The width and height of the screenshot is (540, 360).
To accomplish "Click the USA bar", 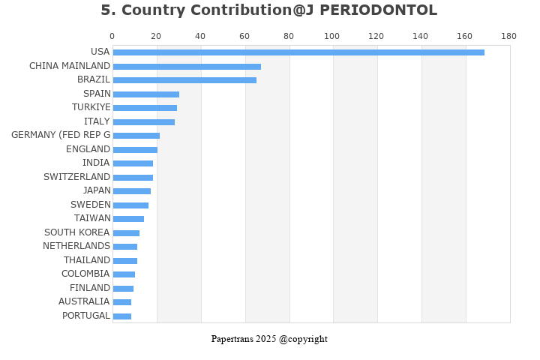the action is point(298,52).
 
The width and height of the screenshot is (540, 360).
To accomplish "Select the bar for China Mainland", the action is point(187,67).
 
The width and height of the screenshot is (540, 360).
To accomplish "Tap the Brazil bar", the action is point(184,80).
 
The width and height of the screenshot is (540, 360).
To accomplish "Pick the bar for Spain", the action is point(146,94).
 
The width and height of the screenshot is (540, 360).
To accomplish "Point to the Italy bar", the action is point(144,122).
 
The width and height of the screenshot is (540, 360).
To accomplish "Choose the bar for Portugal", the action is point(122,316).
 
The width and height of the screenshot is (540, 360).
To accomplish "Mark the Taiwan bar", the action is point(128,219).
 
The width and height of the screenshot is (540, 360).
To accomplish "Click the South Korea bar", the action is point(127,233).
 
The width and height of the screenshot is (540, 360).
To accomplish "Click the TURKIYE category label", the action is point(91,107).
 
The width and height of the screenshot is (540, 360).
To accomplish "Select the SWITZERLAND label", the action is point(76,177).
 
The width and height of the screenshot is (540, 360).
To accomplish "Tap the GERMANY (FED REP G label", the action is point(61,135).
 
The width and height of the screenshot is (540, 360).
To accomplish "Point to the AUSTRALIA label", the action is point(84,301).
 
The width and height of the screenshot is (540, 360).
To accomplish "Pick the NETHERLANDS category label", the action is point(76,246).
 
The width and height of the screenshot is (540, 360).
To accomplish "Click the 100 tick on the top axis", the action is point(332,36).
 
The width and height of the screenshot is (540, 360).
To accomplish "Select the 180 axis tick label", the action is point(509,36).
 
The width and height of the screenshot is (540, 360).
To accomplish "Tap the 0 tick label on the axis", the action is point(112,36).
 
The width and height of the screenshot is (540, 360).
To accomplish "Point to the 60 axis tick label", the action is point(244,36).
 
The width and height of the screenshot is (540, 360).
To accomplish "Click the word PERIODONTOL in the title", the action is point(379,10).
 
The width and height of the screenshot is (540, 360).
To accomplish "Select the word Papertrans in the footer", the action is point(232,339).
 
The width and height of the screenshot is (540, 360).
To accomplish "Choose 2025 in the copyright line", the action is point(266,339).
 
